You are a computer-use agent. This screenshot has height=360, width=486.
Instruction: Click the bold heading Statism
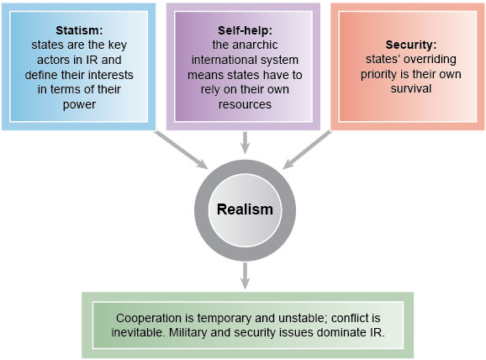tap(79, 30)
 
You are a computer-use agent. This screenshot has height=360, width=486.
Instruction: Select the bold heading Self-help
tap(245, 30)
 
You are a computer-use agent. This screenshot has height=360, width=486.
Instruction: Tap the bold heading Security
tap(411, 45)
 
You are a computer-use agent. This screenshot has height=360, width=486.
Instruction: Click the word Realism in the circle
tap(245, 209)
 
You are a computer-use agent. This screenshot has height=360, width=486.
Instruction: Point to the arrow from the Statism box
tap(181, 150)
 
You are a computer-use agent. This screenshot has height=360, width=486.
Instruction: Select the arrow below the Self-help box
tap(246, 143)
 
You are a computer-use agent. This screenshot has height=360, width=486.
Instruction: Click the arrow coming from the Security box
tap(307, 150)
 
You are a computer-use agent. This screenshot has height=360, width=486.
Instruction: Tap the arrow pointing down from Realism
tap(246, 276)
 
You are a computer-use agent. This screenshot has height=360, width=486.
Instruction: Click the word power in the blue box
tap(79, 105)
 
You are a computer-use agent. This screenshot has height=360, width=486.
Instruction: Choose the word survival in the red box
tap(411, 89)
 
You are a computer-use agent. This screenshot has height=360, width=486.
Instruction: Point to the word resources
tap(245, 104)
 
